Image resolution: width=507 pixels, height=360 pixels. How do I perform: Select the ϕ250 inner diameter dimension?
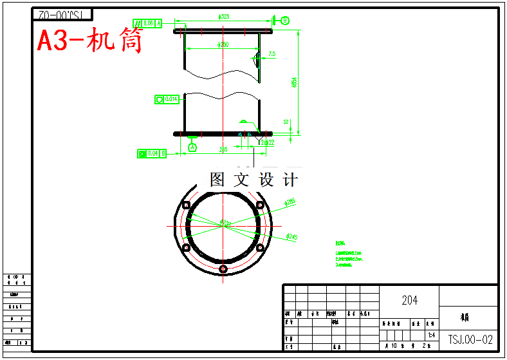click(x=223, y=44)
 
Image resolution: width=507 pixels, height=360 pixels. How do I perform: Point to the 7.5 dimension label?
click(x=272, y=55)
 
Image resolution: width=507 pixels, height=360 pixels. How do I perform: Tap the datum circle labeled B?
click(x=284, y=21)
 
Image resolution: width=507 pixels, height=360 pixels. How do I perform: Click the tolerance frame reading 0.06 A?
click(x=147, y=23)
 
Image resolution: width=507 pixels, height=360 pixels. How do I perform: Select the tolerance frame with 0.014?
click(x=166, y=99)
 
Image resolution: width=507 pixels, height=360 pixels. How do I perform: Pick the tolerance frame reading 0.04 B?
click(x=152, y=153)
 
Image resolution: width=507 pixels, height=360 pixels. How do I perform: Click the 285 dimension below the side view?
click(x=223, y=149)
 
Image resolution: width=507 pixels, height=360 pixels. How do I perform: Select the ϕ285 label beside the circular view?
click(x=290, y=203)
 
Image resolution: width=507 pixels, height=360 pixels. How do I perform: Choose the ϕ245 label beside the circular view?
click(x=291, y=237)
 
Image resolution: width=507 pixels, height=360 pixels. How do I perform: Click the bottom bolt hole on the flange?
click(x=223, y=268)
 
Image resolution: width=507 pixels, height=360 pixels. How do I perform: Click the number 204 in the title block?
click(x=409, y=300)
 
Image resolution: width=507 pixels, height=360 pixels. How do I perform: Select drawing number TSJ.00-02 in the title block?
click(x=470, y=339)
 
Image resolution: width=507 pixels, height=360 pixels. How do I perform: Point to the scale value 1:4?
click(x=431, y=336)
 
